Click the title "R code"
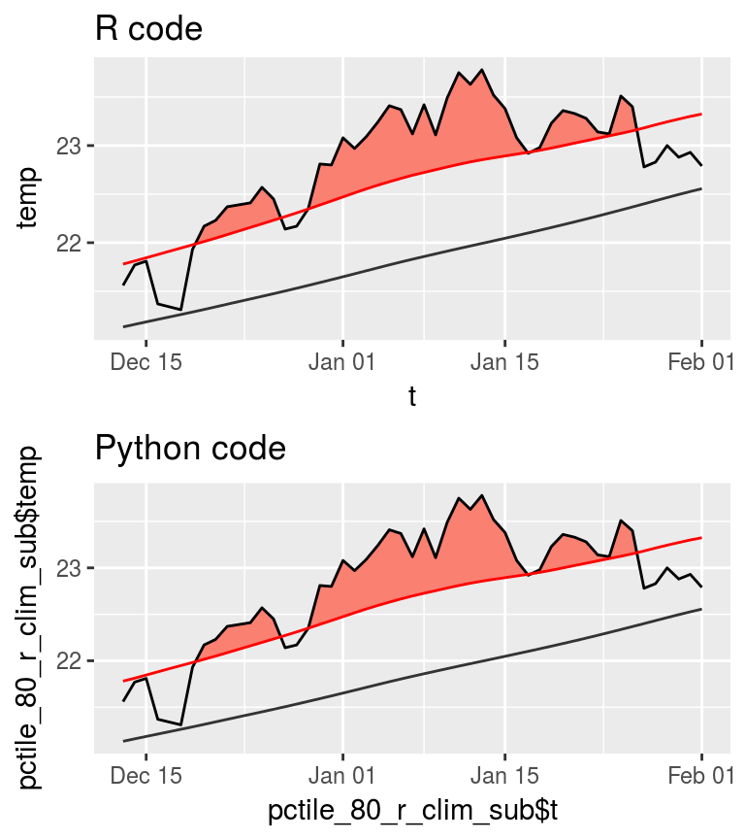[148, 29]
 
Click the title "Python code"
[190, 449]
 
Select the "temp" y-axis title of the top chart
[28, 198]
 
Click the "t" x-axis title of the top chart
[412, 396]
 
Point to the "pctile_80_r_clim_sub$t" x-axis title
[412, 810]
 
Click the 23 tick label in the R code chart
[71, 147]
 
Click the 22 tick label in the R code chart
[71, 243]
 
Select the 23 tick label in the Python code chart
[71, 567]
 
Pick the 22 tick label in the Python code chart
[71, 661]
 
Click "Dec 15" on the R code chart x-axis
[146, 362]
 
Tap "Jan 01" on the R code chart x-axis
[342, 362]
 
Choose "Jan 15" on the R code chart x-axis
[504, 362]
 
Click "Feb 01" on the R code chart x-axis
[701, 362]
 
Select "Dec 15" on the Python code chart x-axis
[146, 776]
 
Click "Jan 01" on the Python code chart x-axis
[342, 776]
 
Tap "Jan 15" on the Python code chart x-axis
[504, 776]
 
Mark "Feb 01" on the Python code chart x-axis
[701, 776]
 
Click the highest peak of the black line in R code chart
[482, 70]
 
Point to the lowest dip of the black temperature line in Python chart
[181, 724]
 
